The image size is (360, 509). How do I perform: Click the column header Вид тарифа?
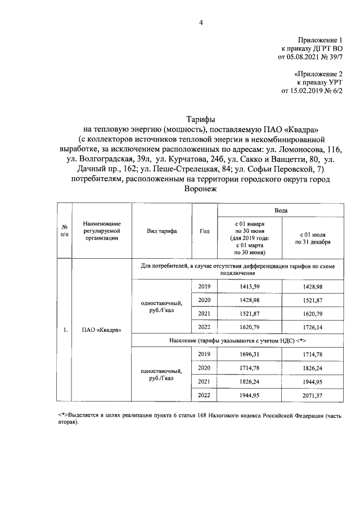(x=162, y=231)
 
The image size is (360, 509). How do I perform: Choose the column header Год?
(x=205, y=231)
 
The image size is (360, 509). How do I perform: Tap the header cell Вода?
(x=281, y=210)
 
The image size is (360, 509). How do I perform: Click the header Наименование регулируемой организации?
(x=101, y=231)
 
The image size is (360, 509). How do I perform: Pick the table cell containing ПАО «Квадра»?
(x=101, y=330)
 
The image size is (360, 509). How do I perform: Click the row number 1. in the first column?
(x=65, y=330)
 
